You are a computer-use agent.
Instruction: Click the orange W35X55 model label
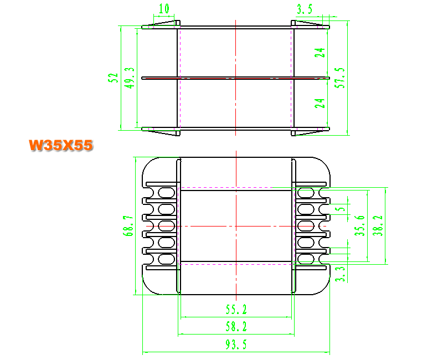61,145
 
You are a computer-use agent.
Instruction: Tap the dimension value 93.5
236,344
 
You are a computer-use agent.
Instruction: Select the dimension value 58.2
236,327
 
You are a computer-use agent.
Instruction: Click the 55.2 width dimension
236,310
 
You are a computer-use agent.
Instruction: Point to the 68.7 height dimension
128,226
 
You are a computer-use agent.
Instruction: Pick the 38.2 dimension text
378,225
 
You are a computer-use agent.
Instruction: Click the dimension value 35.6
360,225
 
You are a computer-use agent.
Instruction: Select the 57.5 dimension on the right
340,78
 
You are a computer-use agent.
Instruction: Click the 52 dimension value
113,78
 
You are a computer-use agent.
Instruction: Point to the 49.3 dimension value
130,78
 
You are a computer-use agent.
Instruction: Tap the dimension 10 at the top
164,9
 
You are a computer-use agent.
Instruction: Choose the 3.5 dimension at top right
305,9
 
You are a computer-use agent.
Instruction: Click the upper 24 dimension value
320,53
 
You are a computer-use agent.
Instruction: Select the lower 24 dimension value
320,104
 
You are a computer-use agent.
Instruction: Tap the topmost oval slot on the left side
167,193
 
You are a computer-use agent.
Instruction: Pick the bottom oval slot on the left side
167,259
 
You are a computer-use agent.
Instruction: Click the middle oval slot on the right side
306,226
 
